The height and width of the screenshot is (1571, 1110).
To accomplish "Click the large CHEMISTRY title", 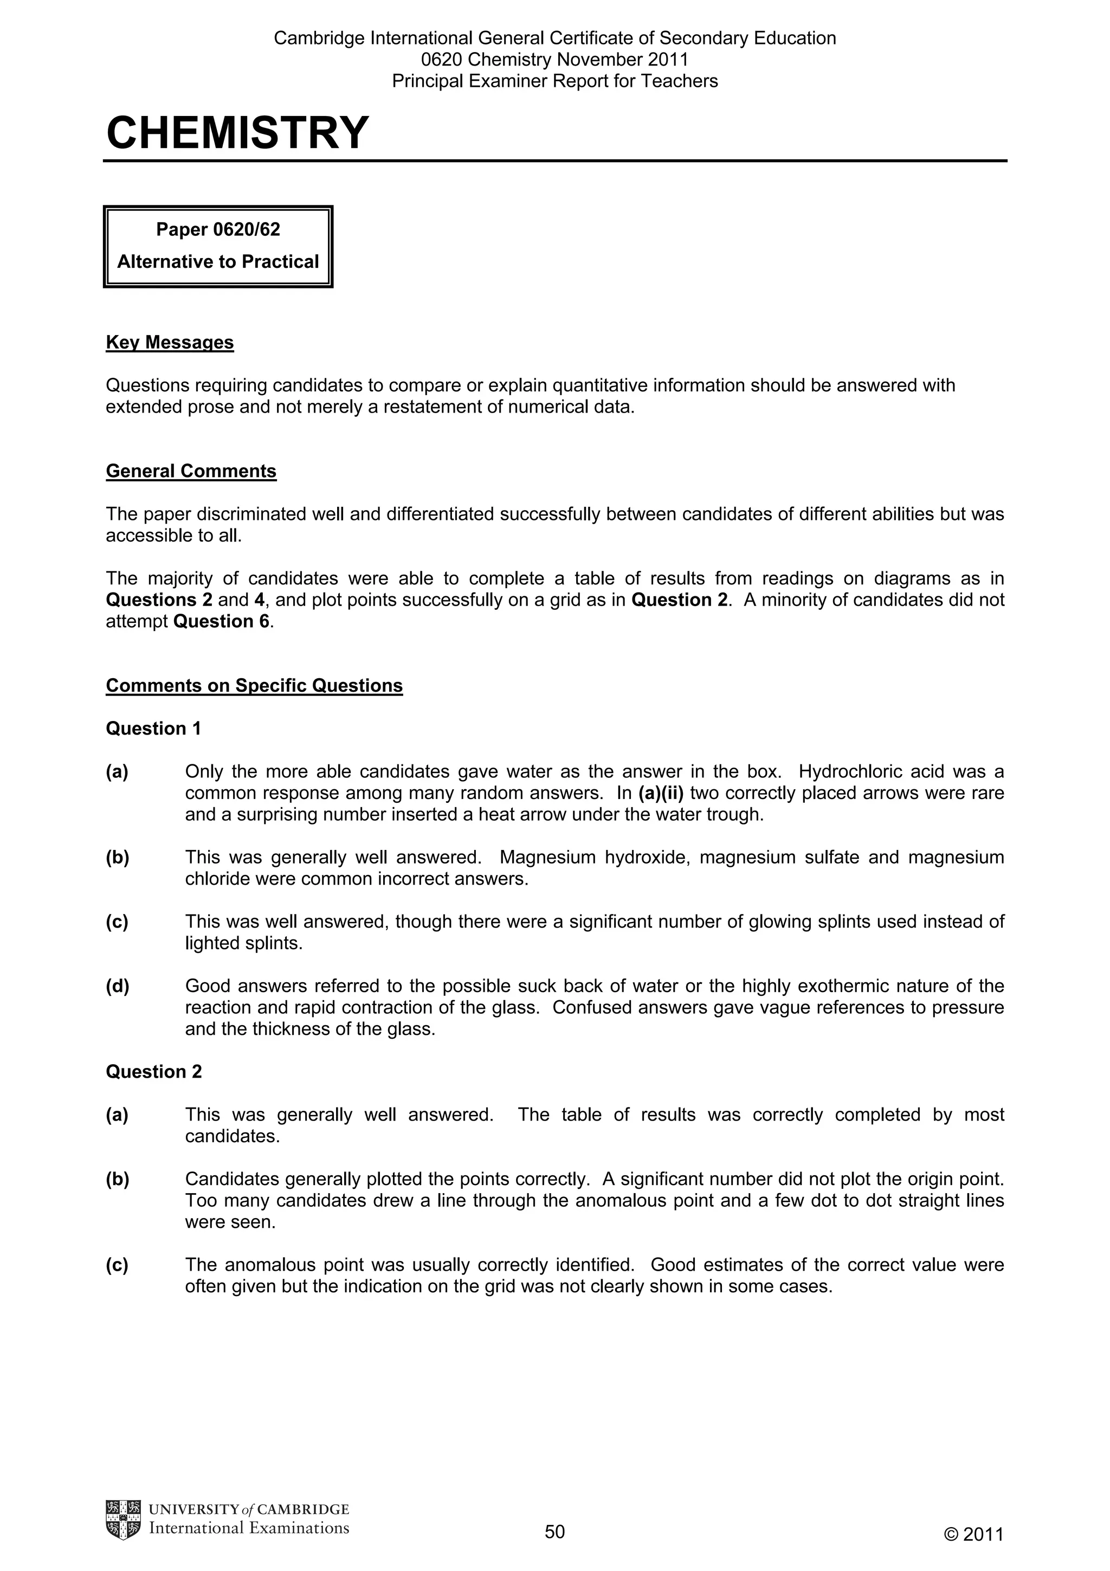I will coord(237,133).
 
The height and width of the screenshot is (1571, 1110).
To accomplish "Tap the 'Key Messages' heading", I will coord(170,343).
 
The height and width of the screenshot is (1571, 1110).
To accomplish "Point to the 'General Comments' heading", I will coord(191,472).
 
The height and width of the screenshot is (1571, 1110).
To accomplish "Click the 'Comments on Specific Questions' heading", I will coord(254,686).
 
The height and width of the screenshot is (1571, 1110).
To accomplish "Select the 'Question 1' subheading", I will coord(153,729).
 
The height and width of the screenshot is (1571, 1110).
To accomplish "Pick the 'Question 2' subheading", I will coord(153,1072).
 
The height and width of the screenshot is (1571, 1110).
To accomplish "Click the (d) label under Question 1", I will coord(117,987).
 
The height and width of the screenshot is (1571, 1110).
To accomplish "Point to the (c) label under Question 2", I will coord(117,1265).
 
